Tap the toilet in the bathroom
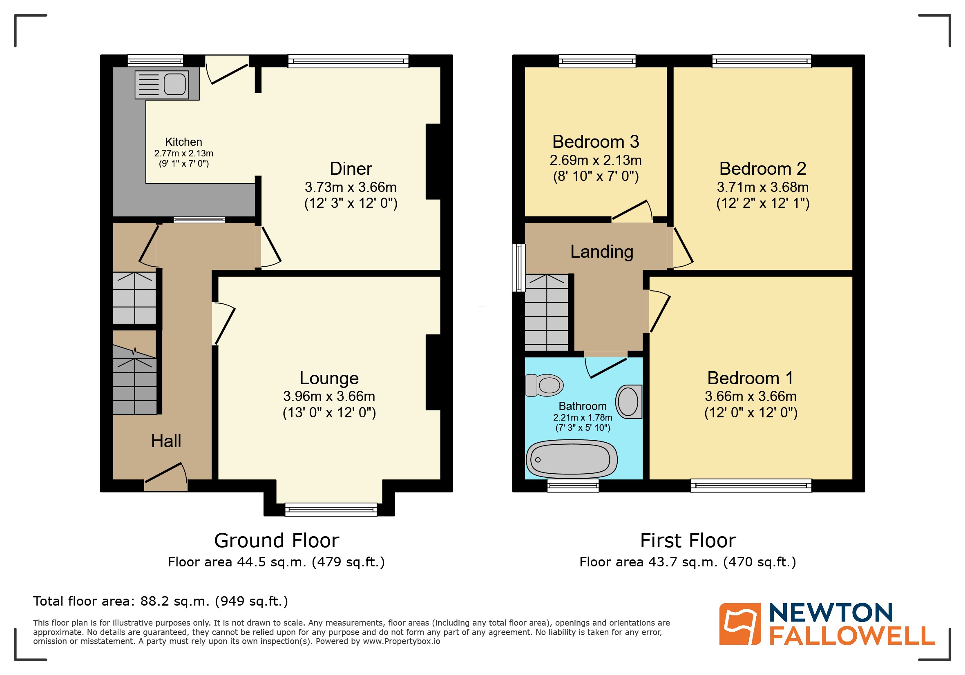[x=545, y=385]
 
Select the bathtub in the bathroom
[x=572, y=459]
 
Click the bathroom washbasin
[x=629, y=401]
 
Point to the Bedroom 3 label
[x=596, y=142]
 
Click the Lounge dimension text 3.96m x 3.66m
[x=329, y=396]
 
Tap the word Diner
[x=351, y=169]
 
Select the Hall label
[x=166, y=441]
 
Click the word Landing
[x=601, y=252]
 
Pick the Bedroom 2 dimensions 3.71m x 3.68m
[x=762, y=187]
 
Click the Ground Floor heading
[x=277, y=541]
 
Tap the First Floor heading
[x=688, y=541]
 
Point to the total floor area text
[x=161, y=601]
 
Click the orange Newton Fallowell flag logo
[x=740, y=624]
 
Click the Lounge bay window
[x=331, y=510]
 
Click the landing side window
[x=518, y=268]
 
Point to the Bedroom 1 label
[x=750, y=378]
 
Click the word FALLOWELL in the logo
[x=852, y=635]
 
